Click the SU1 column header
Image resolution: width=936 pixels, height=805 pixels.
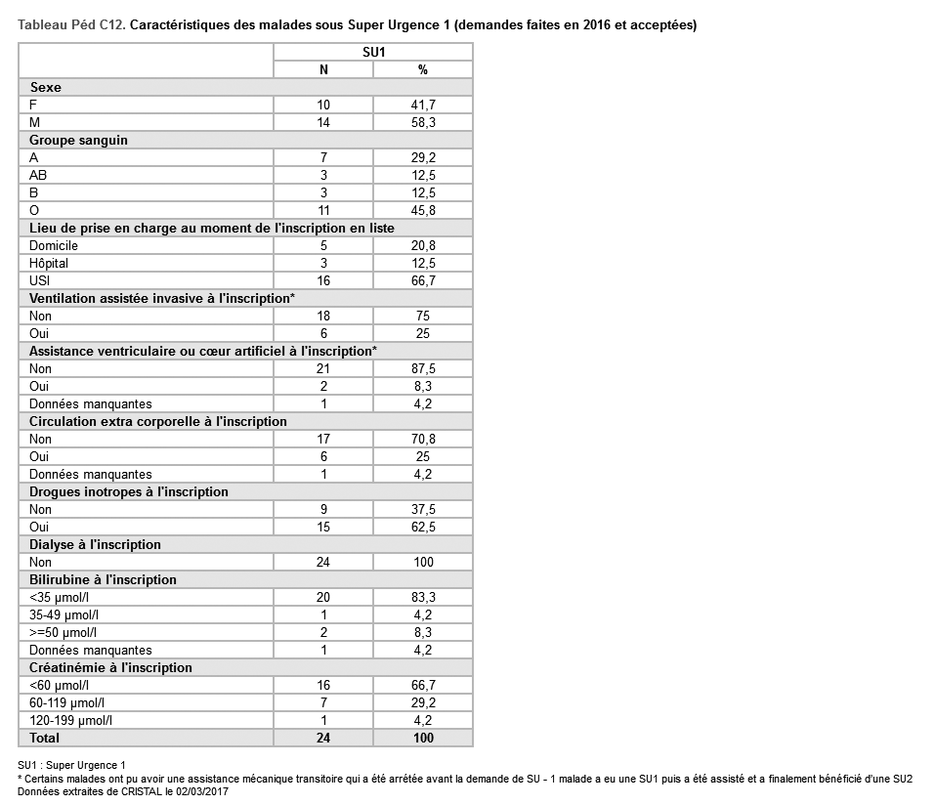point(372,52)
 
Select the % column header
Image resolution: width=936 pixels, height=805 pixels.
point(423,69)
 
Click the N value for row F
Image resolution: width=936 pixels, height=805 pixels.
point(323,105)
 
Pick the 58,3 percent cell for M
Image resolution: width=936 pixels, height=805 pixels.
point(423,122)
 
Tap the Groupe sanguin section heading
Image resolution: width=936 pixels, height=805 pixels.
point(78,140)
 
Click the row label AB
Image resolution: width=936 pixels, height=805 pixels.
point(39,175)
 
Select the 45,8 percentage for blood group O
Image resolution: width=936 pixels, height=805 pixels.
point(423,210)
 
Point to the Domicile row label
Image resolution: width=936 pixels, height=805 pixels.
point(54,245)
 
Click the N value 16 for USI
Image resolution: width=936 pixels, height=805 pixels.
point(323,280)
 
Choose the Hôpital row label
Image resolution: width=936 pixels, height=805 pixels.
point(49,263)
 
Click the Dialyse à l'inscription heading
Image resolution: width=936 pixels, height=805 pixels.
point(95,544)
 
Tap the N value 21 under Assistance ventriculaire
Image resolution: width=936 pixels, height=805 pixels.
point(323,368)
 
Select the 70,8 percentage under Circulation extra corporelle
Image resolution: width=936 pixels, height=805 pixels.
point(423,439)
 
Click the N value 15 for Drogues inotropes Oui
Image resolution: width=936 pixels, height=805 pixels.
point(323,527)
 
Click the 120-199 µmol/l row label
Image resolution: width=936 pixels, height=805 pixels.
point(70,720)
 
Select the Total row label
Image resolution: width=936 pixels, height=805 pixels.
point(45,738)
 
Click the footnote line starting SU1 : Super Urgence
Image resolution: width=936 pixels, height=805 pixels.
point(72,765)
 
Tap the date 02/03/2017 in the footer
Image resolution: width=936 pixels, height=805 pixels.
point(198,791)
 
